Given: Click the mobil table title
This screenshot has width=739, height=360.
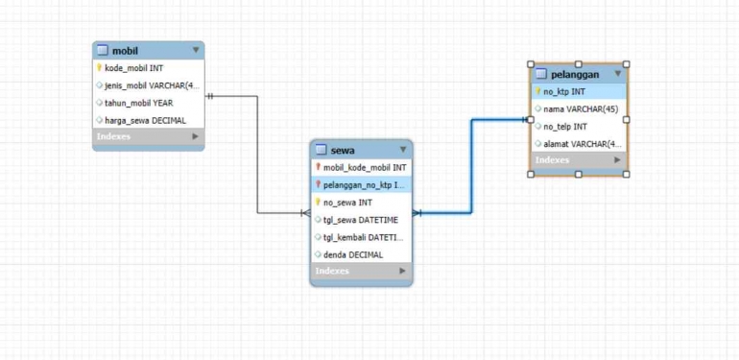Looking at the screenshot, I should (125, 50).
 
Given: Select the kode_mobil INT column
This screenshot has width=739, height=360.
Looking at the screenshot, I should (133, 68).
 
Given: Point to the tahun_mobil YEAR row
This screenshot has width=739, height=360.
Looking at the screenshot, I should (138, 103).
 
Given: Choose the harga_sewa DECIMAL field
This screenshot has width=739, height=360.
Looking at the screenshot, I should (145, 120).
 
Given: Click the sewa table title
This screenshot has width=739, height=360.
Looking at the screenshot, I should (343, 150).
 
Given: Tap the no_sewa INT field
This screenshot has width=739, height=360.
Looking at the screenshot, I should (346, 203).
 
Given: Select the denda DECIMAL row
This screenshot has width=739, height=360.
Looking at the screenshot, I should (352, 254).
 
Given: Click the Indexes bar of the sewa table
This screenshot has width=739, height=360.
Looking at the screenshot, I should (361, 272).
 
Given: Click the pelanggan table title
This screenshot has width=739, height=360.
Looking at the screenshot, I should (575, 74).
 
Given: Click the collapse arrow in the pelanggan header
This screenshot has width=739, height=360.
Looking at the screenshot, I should (618, 74).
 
